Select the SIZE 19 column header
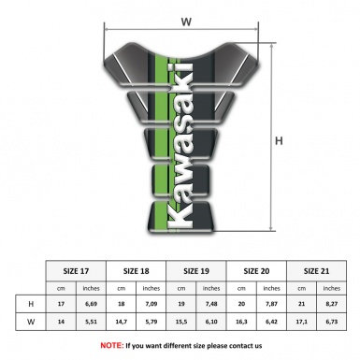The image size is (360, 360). pyautogui.click(x=197, y=269)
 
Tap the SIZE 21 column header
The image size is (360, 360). pyautogui.click(x=317, y=269)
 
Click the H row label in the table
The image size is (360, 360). pyautogui.click(x=32, y=304)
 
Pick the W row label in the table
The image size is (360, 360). pyautogui.click(x=32, y=322)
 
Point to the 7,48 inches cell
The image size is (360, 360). pyautogui.click(x=212, y=304)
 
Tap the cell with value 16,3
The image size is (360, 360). pyautogui.click(x=243, y=322)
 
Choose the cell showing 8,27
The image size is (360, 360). pyautogui.click(x=332, y=304)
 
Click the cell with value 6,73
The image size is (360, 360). pyautogui.click(x=332, y=322)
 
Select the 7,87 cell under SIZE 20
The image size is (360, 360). pyautogui.click(x=272, y=304)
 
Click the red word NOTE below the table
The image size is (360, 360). pyautogui.click(x=110, y=345)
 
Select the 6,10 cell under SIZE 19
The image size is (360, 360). pyautogui.click(x=212, y=322)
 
